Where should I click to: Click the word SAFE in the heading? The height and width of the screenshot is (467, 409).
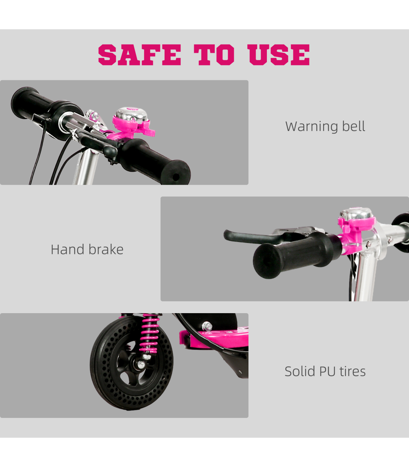[140, 55]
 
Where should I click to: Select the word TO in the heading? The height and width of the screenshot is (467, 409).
[214, 55]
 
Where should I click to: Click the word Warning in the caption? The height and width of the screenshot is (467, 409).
[312, 127]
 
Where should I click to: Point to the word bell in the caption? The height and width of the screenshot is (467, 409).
[353, 126]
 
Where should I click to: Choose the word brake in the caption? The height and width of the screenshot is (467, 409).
[106, 249]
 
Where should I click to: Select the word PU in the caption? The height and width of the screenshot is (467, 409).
[328, 372]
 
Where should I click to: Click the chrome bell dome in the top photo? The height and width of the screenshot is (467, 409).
[131, 115]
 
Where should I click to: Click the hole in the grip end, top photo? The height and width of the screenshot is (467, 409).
[176, 177]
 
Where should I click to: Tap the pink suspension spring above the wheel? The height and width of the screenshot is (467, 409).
[150, 333]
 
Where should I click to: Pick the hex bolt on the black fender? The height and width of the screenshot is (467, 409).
[207, 326]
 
